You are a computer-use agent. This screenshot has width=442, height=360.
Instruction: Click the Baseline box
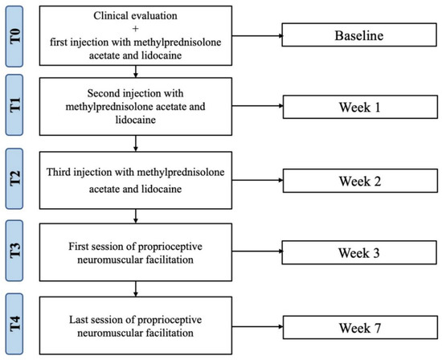point(358,36)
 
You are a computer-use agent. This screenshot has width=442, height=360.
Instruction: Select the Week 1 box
point(358,106)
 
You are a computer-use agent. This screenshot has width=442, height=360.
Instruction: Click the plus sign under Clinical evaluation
point(137,27)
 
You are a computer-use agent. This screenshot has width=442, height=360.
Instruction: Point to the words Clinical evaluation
point(137,14)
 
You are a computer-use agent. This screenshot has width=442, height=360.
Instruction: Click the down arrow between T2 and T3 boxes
point(137,215)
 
